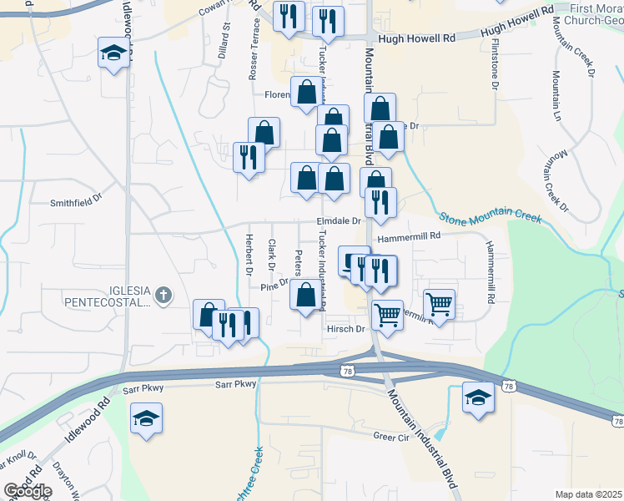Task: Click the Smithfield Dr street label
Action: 75,201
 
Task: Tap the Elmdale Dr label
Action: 338,221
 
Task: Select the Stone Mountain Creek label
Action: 491,215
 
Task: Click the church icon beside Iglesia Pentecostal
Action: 163,294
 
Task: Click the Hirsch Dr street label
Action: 346,329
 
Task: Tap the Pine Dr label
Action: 274,286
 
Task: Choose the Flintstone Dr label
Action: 496,63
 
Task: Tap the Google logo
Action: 27,491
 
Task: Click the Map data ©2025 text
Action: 589,494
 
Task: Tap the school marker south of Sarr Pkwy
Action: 146,418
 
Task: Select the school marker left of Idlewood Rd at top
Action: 112,53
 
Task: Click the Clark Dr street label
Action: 271,256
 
